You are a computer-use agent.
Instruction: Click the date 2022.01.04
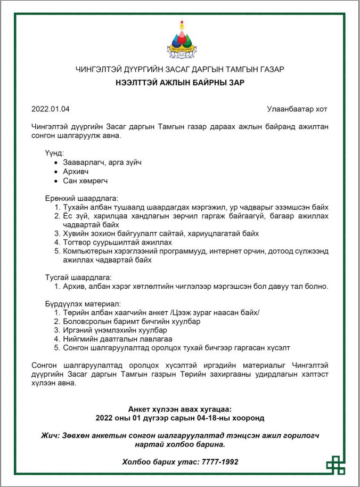point(51,109)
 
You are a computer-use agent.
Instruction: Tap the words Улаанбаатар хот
point(297,109)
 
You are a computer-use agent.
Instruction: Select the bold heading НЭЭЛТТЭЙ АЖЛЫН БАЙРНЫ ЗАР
point(179,83)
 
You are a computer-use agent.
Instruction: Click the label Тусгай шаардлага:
point(78,277)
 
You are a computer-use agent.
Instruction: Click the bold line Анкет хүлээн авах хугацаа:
point(179,409)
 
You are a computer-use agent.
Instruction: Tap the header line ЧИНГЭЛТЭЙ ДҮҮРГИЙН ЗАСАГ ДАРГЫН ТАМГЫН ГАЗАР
point(179,70)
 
